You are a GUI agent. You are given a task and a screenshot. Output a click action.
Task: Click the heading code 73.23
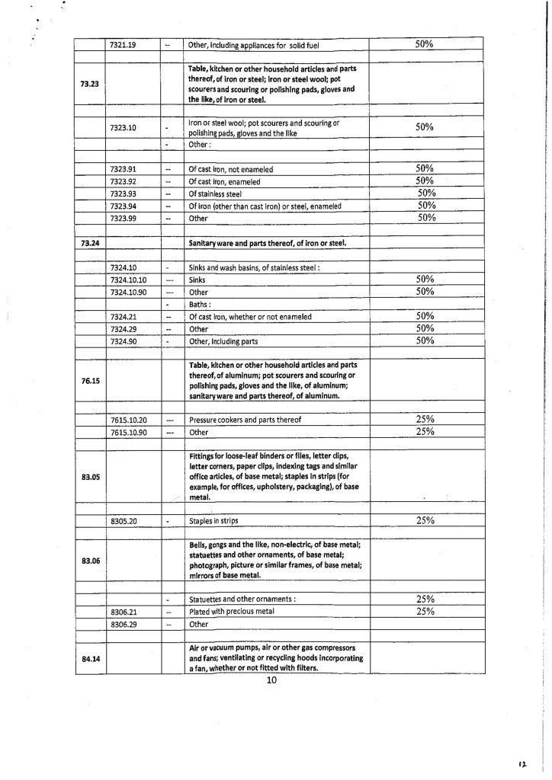point(88,84)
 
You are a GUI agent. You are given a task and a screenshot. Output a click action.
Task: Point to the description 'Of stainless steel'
point(214,193)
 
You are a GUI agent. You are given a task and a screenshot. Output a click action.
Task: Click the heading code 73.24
point(90,243)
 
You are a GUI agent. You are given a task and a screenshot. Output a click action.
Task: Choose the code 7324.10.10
point(128,280)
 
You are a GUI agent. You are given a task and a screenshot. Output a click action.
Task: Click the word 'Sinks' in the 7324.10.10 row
point(197,280)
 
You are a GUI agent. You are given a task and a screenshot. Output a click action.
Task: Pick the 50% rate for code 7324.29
point(425,328)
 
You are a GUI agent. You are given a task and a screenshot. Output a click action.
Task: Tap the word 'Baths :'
point(202,304)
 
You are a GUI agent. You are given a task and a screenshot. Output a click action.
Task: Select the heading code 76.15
point(90,380)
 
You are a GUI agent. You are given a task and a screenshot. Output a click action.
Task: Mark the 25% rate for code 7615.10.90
point(425,431)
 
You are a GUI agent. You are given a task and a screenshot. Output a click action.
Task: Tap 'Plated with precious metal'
point(228,612)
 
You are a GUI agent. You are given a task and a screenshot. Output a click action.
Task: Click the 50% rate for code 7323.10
point(425,127)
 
